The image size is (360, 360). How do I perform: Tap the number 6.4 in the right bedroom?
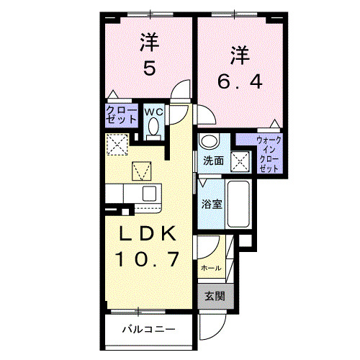[240, 80]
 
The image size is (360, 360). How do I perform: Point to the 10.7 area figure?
[145, 257]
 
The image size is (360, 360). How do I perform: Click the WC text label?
[153, 112]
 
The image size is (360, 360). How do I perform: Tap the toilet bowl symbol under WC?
[153, 127]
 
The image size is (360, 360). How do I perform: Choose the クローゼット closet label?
[117, 115]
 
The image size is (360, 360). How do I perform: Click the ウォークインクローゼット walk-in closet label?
[269, 153]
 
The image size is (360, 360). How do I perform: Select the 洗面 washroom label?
[212, 161]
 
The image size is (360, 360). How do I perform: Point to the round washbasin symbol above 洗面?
[209, 141]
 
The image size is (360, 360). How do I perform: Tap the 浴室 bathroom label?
[212, 203]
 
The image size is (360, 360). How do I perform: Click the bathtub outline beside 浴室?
[240, 204]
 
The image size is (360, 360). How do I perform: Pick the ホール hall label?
[210, 268]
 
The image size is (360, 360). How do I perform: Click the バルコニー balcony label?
[148, 330]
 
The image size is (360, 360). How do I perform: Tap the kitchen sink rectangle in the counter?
[149, 193]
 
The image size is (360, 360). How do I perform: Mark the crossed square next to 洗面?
[240, 160]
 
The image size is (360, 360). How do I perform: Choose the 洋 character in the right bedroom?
[240, 55]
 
